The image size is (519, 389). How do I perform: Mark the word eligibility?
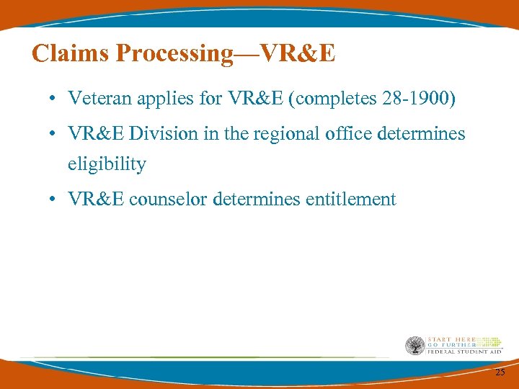[x=107, y=164]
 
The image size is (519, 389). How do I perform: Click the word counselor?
[x=169, y=199]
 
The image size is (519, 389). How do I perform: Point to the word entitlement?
[x=350, y=199]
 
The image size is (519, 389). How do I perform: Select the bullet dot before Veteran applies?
[x=55, y=99]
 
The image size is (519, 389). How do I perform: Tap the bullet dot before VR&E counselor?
[x=55, y=200]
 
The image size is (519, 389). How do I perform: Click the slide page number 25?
[x=500, y=372]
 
